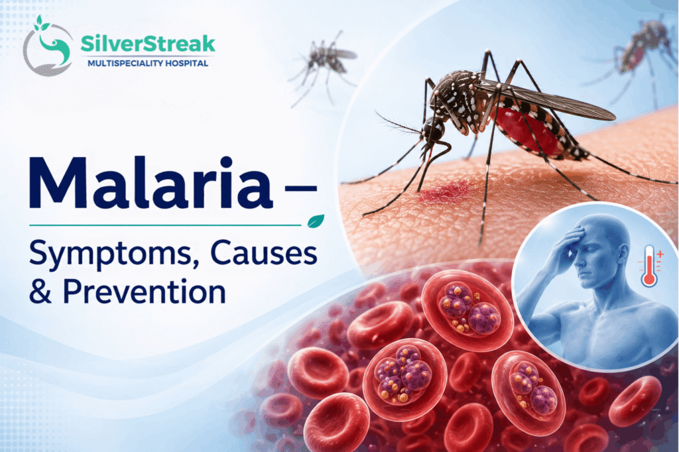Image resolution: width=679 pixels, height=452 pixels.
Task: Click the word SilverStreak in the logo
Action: click(148, 44)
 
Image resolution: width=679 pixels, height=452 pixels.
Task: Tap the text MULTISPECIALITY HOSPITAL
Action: click(148, 63)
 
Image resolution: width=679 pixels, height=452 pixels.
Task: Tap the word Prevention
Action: click(144, 292)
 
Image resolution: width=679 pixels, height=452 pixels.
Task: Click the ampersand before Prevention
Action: click(40, 292)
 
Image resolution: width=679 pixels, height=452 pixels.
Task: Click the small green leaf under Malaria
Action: click(316, 221)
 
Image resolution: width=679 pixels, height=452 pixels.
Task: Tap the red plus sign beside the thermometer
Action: click(660, 254)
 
